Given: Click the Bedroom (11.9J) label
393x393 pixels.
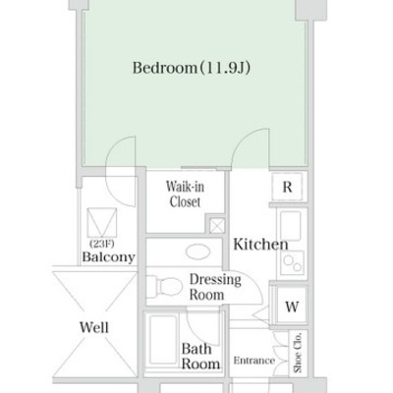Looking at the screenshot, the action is [x=192, y=68].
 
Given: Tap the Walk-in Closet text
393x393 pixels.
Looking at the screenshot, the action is [x=185, y=195].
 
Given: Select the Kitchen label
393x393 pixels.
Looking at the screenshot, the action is [x=260, y=245].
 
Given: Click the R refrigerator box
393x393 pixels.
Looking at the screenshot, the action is [x=287, y=187].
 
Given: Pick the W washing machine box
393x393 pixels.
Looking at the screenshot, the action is [x=292, y=307].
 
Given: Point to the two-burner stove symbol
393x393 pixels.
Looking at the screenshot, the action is [x=293, y=262].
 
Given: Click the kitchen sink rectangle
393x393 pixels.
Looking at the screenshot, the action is [x=291, y=227].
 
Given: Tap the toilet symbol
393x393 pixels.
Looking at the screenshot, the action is [x=164, y=287].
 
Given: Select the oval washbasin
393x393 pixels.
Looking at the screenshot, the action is [x=197, y=252].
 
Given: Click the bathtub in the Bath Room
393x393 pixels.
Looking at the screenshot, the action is [x=162, y=340].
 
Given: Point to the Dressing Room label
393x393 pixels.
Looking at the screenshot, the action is [x=215, y=287].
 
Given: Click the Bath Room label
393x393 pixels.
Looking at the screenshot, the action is [x=200, y=356].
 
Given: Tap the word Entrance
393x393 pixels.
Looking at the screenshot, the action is [x=254, y=361].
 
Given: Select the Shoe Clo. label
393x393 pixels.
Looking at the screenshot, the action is [x=298, y=353].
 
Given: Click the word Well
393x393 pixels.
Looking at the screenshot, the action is [x=94, y=327].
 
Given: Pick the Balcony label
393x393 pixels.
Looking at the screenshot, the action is [x=108, y=256].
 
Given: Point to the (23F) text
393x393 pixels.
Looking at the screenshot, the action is [x=102, y=244].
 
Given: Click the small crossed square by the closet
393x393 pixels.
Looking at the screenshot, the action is [x=217, y=226].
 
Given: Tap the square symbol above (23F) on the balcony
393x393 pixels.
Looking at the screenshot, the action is [x=102, y=222].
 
